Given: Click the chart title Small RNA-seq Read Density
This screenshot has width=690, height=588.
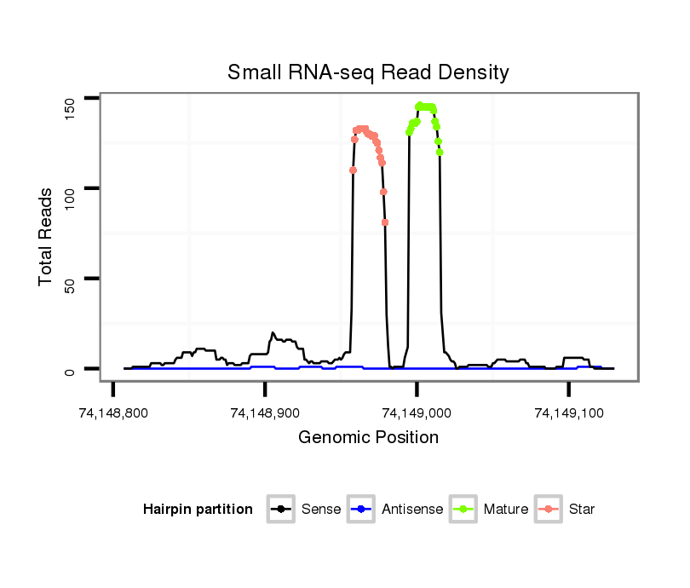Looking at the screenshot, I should (368, 73).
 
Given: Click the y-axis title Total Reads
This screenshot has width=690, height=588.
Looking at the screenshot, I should (48, 237).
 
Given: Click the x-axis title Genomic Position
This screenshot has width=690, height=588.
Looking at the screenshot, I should (368, 438).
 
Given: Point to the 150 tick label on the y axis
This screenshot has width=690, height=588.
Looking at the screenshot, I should (70, 107).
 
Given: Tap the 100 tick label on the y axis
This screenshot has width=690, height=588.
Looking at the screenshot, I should (70, 188).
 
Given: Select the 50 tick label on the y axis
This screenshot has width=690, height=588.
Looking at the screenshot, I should (70, 279).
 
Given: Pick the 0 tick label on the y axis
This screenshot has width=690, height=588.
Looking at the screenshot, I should (70, 370).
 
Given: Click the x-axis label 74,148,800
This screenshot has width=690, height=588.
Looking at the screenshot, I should (113, 413).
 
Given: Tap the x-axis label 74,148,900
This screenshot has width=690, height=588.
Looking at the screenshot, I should (265, 413).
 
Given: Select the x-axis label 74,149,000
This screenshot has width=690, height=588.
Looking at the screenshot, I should (417, 413).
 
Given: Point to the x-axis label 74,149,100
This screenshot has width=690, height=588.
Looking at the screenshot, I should (568, 413).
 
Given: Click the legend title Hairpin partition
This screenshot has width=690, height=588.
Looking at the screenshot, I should (198, 510).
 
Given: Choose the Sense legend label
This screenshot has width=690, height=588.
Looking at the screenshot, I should (321, 510).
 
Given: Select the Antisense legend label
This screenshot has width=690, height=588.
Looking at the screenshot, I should (412, 510).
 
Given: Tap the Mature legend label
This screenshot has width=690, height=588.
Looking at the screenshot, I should (506, 510).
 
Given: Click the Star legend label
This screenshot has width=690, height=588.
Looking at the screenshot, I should (582, 510).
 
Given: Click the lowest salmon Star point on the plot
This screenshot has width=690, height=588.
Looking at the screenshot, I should (385, 222).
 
